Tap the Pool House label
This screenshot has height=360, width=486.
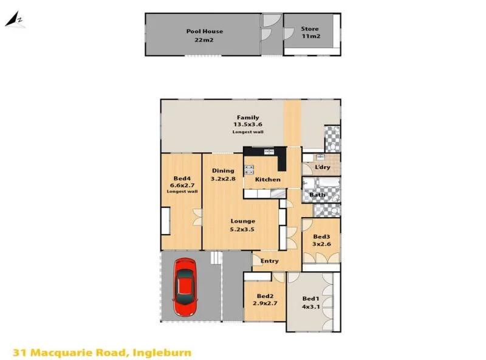(x=204, y=31)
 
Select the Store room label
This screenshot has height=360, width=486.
(x=310, y=29)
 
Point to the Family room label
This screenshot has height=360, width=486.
(x=247, y=117)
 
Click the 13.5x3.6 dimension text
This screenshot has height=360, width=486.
(x=247, y=125)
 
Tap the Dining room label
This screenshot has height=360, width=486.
(x=222, y=171)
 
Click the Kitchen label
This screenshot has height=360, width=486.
(x=267, y=179)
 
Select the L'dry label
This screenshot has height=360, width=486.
(x=321, y=167)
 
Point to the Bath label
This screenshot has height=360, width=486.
(x=317, y=195)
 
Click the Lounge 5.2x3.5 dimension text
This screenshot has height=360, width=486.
(x=242, y=229)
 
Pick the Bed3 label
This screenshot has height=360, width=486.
(x=321, y=237)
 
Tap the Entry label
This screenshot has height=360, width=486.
(x=269, y=261)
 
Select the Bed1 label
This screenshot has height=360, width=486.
(x=310, y=299)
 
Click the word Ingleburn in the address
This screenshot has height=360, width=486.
(x=162, y=351)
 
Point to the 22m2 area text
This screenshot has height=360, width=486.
(x=204, y=40)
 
